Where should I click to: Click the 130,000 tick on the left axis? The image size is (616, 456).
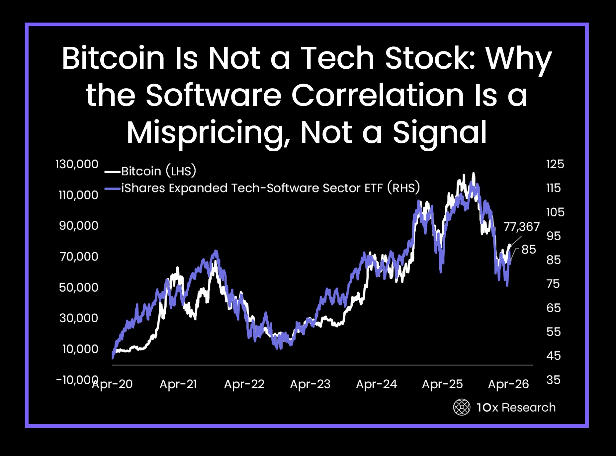pyautogui.click(x=77, y=164)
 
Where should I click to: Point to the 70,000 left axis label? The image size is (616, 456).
pyautogui.click(x=79, y=257)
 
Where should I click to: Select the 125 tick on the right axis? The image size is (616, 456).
pyautogui.click(x=555, y=164)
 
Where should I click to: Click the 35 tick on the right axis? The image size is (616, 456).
pyautogui.click(x=553, y=380)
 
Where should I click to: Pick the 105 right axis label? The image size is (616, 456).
pyautogui.click(x=555, y=212)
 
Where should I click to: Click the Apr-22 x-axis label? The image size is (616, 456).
pyautogui.click(x=244, y=384)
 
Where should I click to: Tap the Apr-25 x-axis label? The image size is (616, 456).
pyautogui.click(x=442, y=384)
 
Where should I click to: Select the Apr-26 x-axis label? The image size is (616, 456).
pyautogui.click(x=508, y=384)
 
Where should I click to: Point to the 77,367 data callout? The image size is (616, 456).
pyautogui.click(x=521, y=227)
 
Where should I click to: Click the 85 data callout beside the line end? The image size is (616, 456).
pyautogui.click(x=528, y=249)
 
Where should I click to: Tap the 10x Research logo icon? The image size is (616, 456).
pyautogui.click(x=462, y=407)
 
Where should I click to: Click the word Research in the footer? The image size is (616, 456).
pyautogui.click(x=528, y=408)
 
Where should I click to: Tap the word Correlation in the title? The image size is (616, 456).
pyautogui.click(x=377, y=96)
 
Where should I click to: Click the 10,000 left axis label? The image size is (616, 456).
pyautogui.click(x=80, y=349)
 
